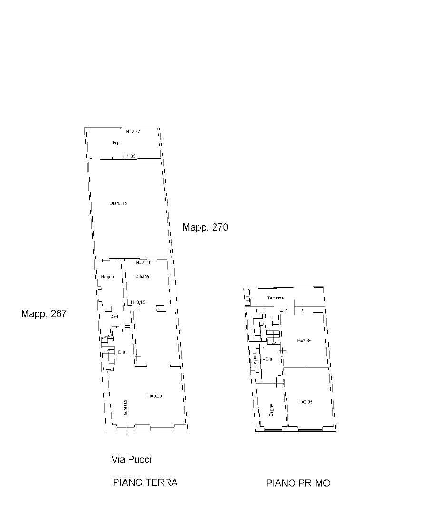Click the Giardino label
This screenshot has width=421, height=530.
118,203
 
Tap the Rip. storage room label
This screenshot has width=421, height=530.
117,143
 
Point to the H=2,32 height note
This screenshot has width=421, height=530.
133,132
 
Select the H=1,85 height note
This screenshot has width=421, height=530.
128,156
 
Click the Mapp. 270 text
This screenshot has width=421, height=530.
205,228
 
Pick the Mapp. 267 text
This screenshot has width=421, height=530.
43,314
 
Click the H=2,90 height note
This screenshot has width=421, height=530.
143,263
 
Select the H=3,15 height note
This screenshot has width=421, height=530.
138,302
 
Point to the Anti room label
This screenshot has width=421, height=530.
115,317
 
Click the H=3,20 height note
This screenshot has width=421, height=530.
155,395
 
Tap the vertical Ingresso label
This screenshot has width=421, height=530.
126,408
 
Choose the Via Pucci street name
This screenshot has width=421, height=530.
131,460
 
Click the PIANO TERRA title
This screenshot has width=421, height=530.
145,482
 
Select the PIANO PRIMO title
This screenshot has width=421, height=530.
298,483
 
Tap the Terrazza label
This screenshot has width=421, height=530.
276,298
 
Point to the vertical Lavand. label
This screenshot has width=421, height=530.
255,361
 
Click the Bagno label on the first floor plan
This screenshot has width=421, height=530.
271,410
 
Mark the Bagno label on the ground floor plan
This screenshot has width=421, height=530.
108,277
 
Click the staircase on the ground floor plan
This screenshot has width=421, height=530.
108,352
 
